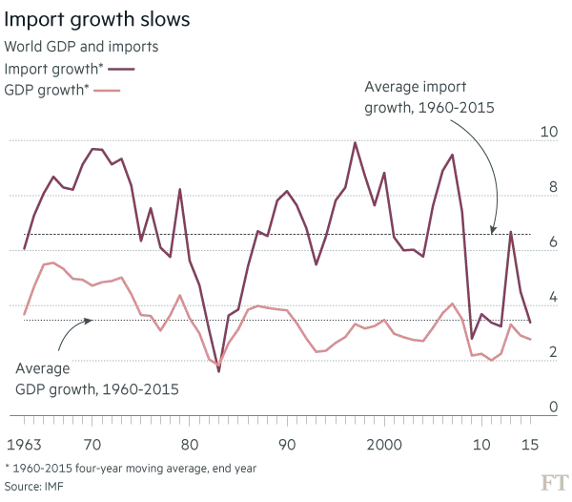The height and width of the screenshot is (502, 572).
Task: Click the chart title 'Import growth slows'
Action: tap(97, 19)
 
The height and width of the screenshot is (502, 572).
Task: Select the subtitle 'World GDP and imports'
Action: tap(81, 47)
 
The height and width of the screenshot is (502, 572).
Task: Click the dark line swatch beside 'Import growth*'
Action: tap(121, 69)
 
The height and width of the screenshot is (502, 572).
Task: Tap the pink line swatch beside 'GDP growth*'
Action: tap(107, 90)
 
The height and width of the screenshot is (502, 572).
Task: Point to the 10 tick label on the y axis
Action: tap(549, 132)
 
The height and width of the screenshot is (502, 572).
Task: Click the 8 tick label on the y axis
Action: tap(553, 187)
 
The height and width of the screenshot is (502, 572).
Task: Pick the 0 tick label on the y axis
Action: tap(553, 407)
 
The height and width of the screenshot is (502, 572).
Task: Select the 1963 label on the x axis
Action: tap(24, 445)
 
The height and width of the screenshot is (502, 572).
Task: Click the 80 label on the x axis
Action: tap(190, 445)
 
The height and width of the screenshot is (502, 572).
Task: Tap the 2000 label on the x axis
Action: tap(384, 445)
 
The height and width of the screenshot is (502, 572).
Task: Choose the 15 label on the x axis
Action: tap(530, 445)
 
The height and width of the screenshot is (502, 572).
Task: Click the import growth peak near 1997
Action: tap(355, 143)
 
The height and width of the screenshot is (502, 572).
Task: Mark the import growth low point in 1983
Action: tap(219, 371)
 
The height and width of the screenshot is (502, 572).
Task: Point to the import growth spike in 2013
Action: tap(511, 232)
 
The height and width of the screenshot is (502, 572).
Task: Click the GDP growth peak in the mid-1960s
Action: tap(53, 262)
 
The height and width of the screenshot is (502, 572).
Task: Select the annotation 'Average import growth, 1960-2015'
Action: tap(429, 97)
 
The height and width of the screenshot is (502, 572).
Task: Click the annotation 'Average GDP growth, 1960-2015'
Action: tap(97, 379)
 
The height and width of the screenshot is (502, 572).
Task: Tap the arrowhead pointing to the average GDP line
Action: tap(89, 321)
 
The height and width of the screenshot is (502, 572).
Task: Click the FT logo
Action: tap(555, 483)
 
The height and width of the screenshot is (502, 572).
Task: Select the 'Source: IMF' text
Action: tap(33, 487)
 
